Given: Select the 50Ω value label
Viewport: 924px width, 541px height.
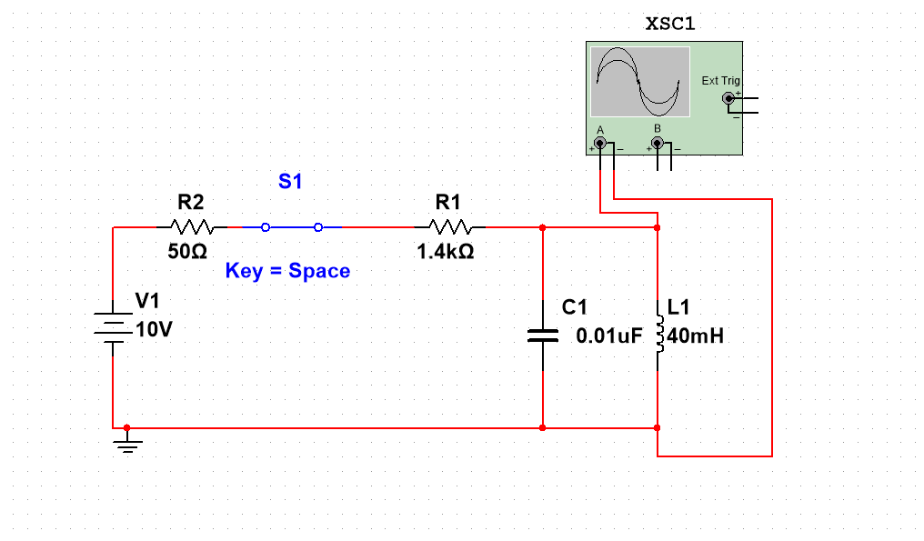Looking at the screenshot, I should tap(187, 252).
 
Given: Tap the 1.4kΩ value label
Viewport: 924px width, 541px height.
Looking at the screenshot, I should tap(446, 252).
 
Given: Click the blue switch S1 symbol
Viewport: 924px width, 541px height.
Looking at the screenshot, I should tap(292, 227).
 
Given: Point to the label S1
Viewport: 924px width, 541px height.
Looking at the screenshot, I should tap(290, 182).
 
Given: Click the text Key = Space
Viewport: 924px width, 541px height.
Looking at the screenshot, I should tap(287, 271).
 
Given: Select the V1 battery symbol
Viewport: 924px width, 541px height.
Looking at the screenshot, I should tap(112, 327).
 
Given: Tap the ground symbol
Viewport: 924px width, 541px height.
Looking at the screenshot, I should tap(127, 446).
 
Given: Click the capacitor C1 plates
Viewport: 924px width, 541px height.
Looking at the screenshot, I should tap(542, 336).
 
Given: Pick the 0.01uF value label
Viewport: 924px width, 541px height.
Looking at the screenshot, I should tap(609, 336).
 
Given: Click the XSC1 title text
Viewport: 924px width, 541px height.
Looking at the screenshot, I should tap(670, 25).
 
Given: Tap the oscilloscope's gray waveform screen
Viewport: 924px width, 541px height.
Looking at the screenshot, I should tap(639, 82).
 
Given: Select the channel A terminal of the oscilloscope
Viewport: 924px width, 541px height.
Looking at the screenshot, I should tap(600, 144).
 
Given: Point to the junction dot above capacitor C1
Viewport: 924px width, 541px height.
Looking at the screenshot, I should tap(542, 227).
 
